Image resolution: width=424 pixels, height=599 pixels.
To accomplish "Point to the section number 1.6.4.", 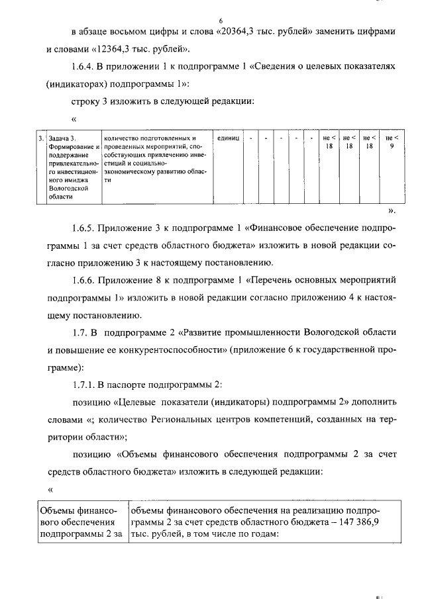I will pyautogui.click(x=84, y=67).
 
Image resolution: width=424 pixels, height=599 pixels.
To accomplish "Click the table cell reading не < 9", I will pyautogui.click(x=392, y=142).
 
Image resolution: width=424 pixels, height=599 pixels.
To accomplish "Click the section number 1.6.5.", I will pyautogui.click(x=84, y=229).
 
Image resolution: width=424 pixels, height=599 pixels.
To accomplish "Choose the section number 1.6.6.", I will pyautogui.click(x=84, y=281).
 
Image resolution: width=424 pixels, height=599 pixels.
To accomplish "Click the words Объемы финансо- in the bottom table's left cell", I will pyautogui.click(x=79, y=510).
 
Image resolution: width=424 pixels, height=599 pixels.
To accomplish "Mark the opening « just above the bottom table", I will pyautogui.click(x=50, y=488).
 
